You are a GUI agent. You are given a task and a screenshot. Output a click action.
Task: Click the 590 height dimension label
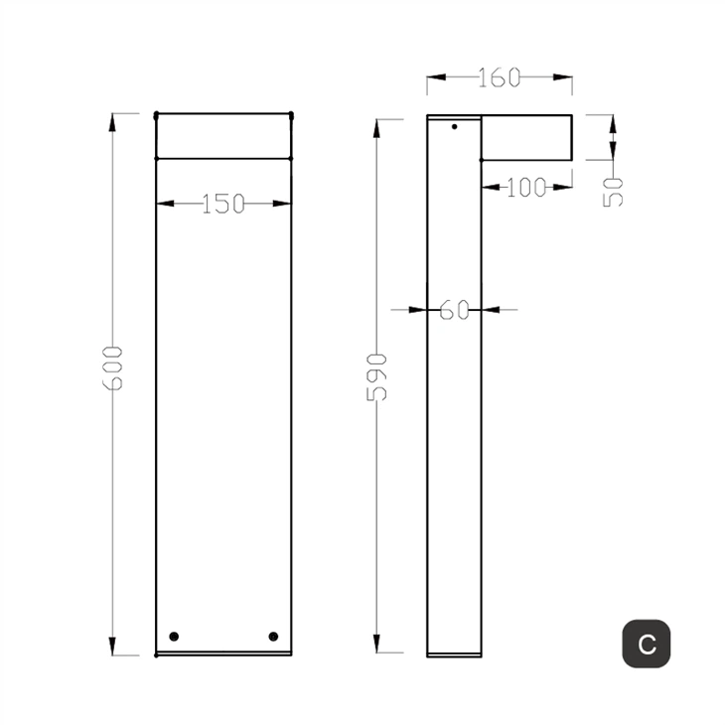tap(377, 375)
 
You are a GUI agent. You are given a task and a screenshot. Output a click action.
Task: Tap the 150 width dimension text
tap(223, 204)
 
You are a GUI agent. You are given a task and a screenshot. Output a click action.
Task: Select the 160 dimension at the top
tap(499, 77)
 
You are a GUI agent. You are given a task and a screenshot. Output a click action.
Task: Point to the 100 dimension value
tap(526, 188)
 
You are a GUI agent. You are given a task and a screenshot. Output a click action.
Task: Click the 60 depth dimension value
tap(454, 310)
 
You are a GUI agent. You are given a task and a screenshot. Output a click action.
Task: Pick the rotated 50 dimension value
tap(615, 190)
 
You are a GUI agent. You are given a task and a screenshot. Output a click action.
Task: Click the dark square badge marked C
tap(647, 644)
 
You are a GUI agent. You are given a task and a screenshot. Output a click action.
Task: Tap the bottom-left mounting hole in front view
tap(174, 636)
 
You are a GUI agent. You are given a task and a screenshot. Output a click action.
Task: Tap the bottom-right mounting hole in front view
tap(273, 636)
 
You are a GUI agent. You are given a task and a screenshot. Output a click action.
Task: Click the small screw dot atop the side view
tap(455, 126)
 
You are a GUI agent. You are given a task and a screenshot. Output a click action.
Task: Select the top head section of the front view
tap(223, 136)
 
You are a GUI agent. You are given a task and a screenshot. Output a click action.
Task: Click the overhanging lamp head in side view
tap(526, 137)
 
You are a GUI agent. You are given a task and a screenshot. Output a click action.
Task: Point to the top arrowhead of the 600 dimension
tap(112, 121)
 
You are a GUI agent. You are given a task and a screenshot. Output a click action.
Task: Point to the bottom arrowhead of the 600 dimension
tap(112, 648)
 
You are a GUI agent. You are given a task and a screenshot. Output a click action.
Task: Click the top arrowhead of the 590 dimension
tap(376, 127)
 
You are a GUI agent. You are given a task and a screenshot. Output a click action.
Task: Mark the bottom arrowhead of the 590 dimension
tap(376, 646)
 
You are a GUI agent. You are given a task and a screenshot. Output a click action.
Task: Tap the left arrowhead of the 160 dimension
tap(434, 76)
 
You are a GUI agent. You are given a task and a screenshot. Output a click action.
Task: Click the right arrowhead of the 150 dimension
tap(285, 204)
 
